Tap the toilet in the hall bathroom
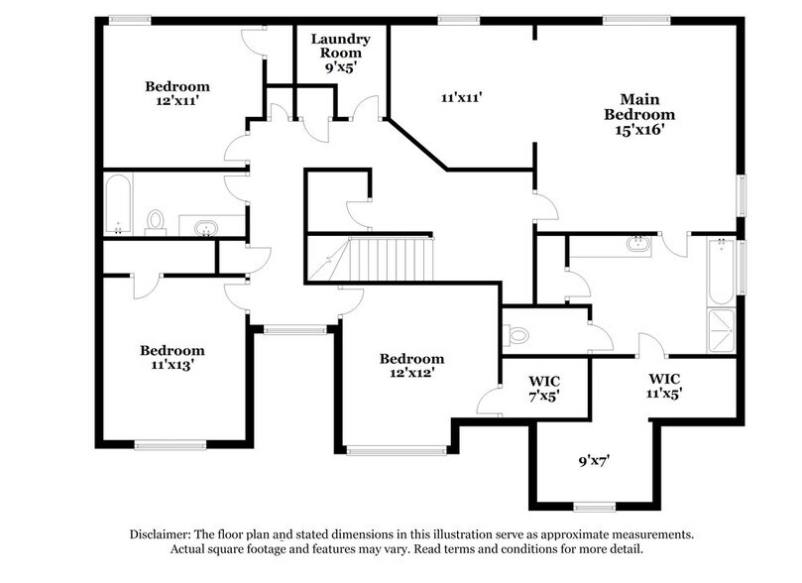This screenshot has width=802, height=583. tap(156, 220)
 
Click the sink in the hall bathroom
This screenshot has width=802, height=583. tap(205, 228)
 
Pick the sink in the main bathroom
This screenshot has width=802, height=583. tap(637, 243)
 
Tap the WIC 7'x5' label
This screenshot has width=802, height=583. tap(544, 387)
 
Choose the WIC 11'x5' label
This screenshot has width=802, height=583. tap(664, 385)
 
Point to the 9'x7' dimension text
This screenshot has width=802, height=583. tap(594, 460)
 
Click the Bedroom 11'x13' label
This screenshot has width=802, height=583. tap(172, 357)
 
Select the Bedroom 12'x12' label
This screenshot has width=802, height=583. tap(412, 365)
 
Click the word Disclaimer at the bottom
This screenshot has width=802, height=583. tap(165, 533)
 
